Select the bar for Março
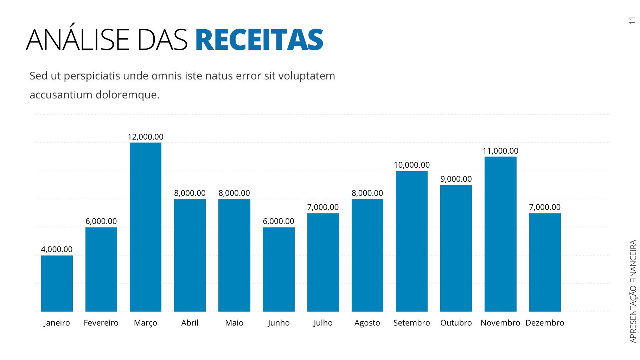click(146, 227)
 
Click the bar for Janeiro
click(57, 283)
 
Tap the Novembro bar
click(500, 234)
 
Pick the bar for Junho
click(279, 269)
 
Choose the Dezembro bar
click(545, 262)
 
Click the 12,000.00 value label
click(146, 137)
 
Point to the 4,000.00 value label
click(57, 249)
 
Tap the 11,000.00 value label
click(500, 151)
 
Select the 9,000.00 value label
click(456, 179)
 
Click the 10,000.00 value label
click(412, 165)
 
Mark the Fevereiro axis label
click(101, 323)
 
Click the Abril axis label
click(190, 323)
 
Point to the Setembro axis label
click(412, 323)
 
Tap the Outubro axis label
click(456, 323)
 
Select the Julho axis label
click(323, 323)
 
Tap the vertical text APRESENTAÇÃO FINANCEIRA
click(633, 291)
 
